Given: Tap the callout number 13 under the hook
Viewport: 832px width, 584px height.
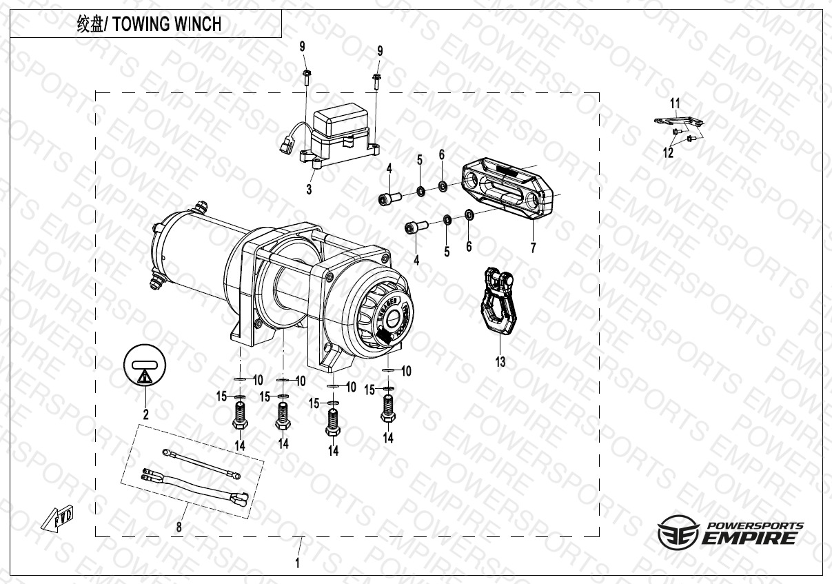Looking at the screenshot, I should (x=500, y=361).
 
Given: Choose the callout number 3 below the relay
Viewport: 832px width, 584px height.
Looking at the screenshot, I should (x=310, y=189).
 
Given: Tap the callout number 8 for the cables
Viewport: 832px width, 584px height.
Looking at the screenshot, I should (x=179, y=528).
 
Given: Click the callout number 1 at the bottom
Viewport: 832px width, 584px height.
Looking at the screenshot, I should (x=298, y=563).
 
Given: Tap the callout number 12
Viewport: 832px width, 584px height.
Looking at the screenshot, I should (x=668, y=153).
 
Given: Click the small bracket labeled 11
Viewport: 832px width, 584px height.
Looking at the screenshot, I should (x=679, y=121).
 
